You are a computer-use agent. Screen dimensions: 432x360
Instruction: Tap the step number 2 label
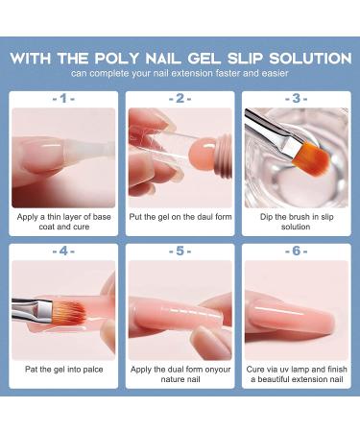click(x=180, y=98)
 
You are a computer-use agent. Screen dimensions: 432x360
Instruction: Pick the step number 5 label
click(x=180, y=252)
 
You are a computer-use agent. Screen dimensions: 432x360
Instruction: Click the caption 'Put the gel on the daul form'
click(x=180, y=217)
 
